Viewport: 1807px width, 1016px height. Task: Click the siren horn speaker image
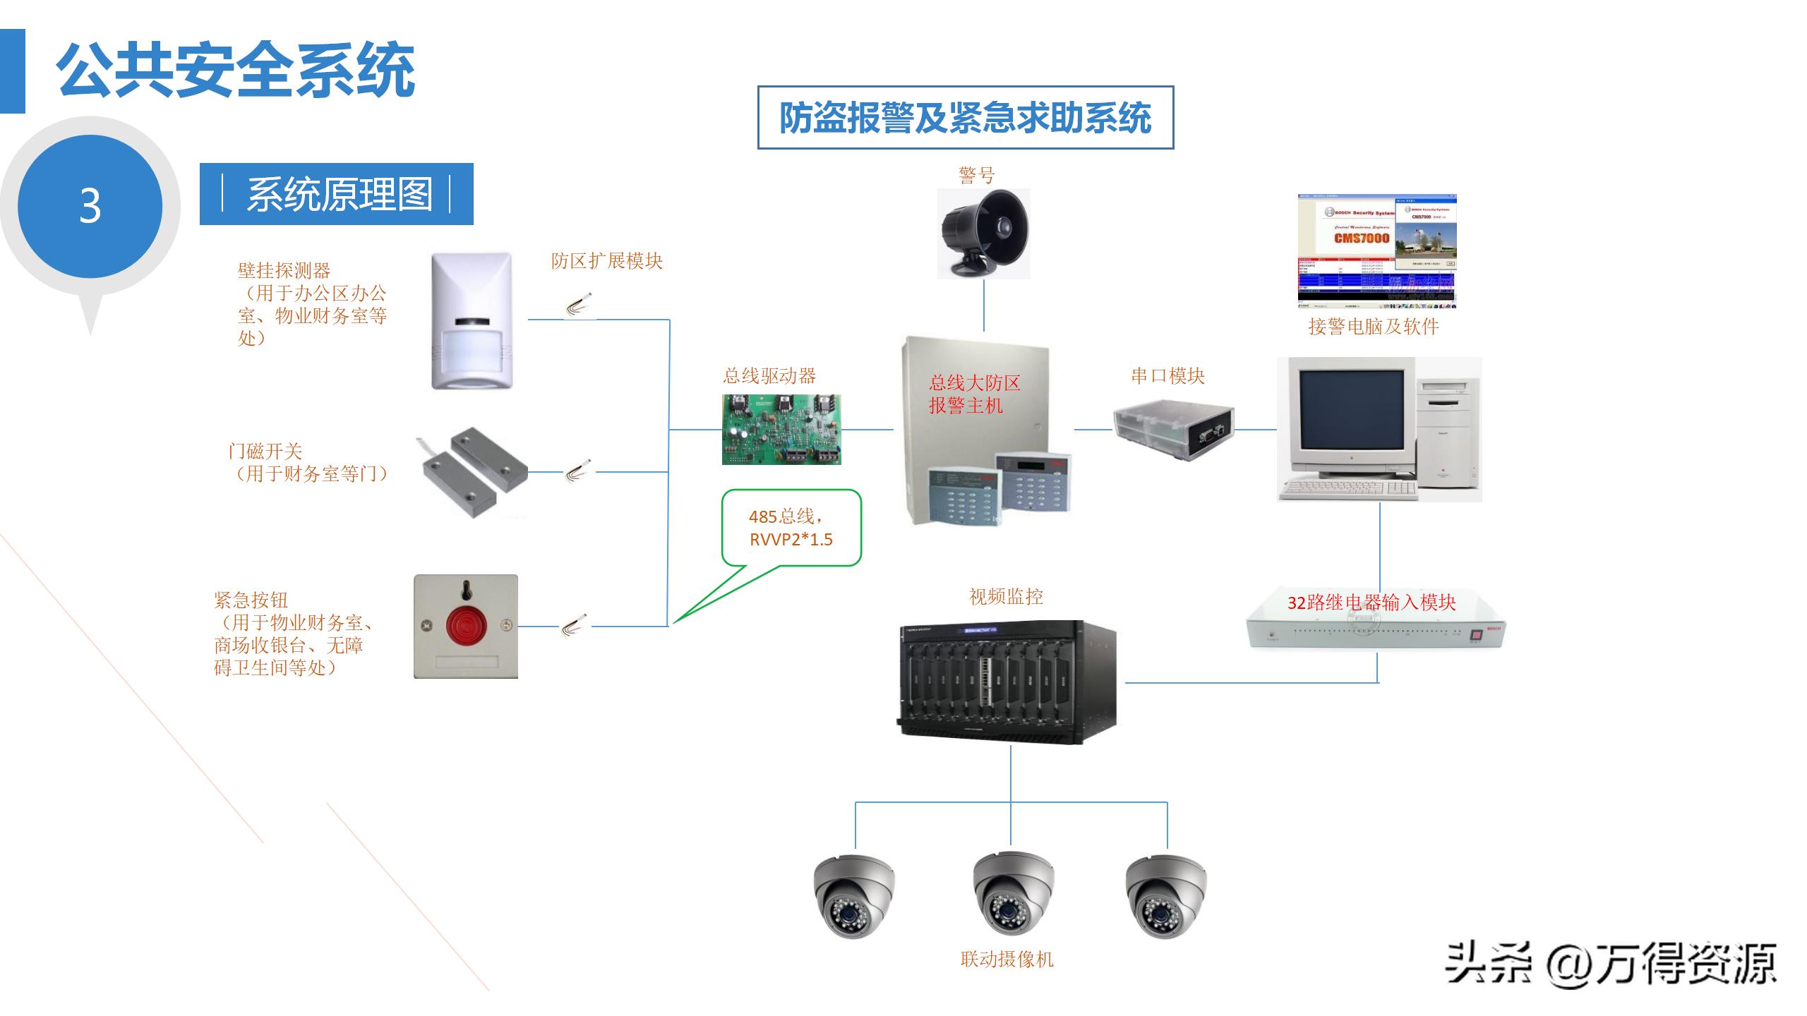click(x=984, y=232)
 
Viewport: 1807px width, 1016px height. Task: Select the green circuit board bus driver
click(x=781, y=429)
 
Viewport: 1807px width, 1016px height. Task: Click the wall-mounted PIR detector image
click(x=472, y=321)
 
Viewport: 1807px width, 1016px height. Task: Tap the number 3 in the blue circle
click(x=90, y=206)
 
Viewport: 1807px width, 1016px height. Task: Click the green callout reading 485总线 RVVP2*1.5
click(x=791, y=528)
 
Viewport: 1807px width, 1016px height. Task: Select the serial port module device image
click(x=1173, y=428)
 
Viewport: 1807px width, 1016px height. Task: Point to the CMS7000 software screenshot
click(x=1376, y=251)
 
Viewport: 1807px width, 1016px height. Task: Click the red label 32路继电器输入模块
click(x=1371, y=602)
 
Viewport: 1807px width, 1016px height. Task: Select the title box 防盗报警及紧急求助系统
click(x=965, y=118)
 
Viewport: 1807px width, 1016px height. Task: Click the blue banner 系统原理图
click(x=337, y=194)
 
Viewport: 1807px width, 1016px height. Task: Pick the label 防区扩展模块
click(x=606, y=261)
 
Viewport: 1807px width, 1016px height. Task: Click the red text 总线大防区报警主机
click(x=974, y=394)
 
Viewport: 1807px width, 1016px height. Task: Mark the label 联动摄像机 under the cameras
click(x=1007, y=959)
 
